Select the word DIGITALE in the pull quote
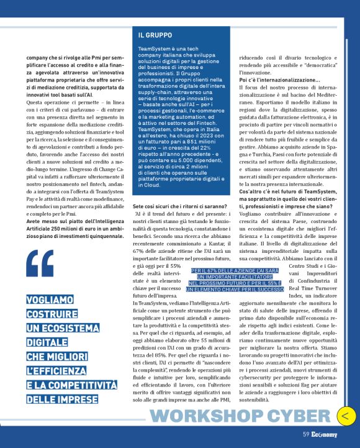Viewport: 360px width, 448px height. pos(47,342)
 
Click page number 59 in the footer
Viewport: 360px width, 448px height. pos(306,435)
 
